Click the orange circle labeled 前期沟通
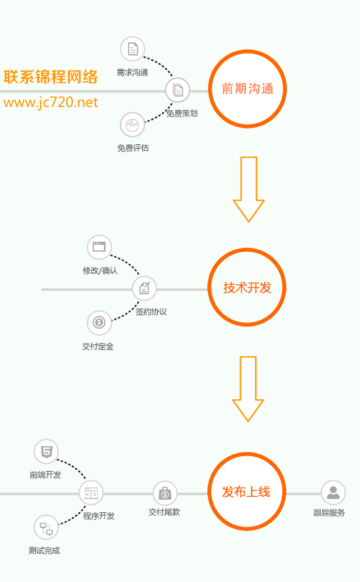(x=248, y=50)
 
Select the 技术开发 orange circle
(x=247, y=249)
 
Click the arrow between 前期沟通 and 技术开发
(x=248, y=189)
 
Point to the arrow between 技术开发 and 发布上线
(x=248, y=389)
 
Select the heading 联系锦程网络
(x=51, y=77)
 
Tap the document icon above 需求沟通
(x=132, y=49)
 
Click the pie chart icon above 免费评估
(x=132, y=125)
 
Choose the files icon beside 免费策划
(x=178, y=90)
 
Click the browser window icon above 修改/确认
(x=99, y=247)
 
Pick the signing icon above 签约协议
(x=144, y=288)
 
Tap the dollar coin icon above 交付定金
(x=99, y=322)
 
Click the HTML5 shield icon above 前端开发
(x=46, y=452)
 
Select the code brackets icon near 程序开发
(x=91, y=493)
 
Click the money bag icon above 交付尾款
(x=165, y=493)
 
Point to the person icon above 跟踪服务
(x=333, y=493)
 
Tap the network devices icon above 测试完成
(x=46, y=527)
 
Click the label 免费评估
(x=133, y=148)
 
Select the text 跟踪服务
(x=329, y=513)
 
